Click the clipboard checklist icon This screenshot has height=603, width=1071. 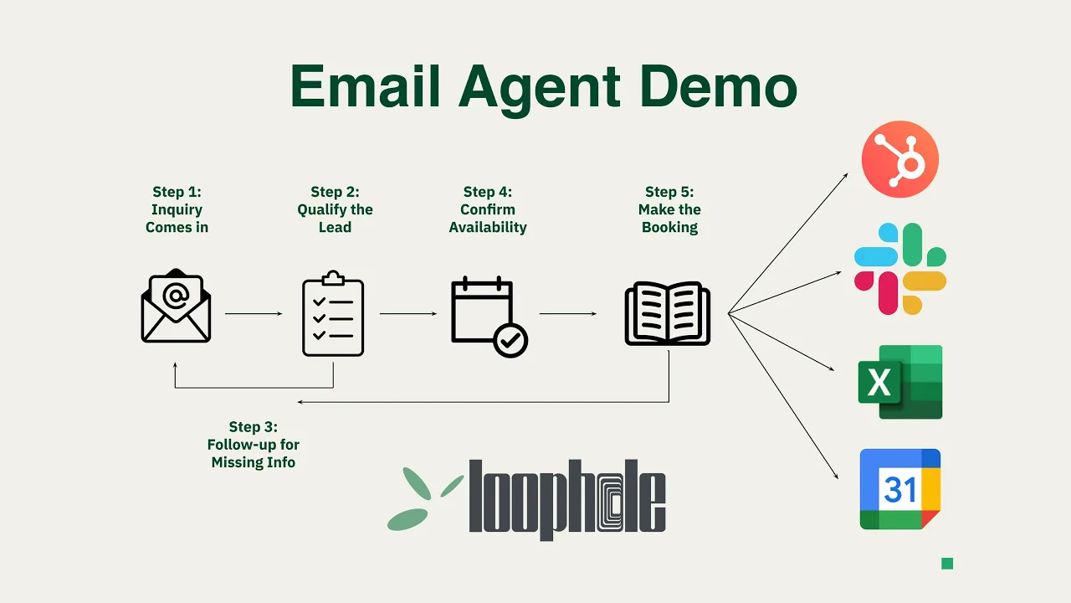click(x=333, y=314)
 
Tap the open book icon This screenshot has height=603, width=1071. click(x=668, y=314)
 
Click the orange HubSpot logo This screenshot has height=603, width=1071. click(x=900, y=159)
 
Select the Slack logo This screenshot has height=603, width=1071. click(x=900, y=269)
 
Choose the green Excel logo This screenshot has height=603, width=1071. click(x=900, y=381)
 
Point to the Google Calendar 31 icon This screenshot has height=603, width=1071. click(x=900, y=489)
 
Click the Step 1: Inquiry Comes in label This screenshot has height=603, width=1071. click(x=177, y=209)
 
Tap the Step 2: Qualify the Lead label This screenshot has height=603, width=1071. click(x=335, y=209)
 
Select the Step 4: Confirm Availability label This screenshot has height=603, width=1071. click(x=488, y=209)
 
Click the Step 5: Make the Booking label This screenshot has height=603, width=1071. click(x=669, y=209)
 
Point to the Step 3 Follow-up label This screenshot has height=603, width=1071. click(x=254, y=445)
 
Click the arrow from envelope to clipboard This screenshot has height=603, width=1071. click(x=254, y=314)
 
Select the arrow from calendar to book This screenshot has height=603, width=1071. click(x=568, y=314)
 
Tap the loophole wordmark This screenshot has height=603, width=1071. click(x=566, y=499)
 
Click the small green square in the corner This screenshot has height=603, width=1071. click(x=947, y=564)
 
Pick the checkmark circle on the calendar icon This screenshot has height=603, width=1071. click(x=510, y=340)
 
